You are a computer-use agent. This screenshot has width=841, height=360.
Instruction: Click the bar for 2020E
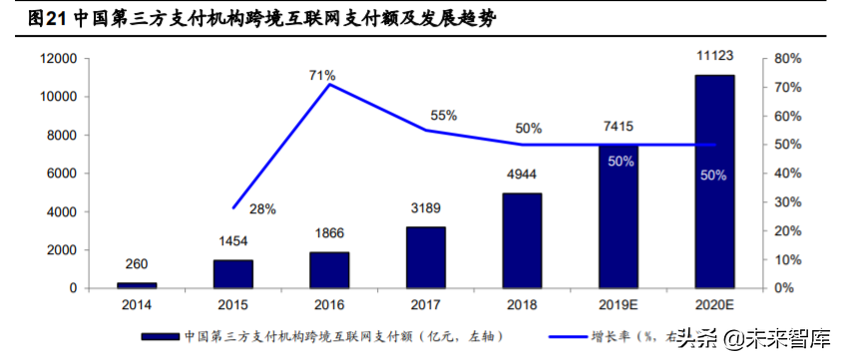coord(714,181)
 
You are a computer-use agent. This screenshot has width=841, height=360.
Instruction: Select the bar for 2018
coord(522,240)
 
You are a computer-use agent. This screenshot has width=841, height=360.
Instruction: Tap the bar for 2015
coord(233,273)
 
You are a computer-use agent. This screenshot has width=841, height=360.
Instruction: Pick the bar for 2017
coord(426,257)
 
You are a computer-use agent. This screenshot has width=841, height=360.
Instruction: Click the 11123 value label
coord(714,59)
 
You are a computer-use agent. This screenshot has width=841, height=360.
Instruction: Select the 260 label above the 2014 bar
coord(138,264)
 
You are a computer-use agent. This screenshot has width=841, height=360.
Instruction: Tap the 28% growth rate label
coord(263,209)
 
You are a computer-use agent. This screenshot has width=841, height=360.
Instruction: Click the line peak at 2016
coord(330,85)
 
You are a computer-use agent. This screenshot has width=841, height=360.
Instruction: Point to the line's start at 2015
coord(233,208)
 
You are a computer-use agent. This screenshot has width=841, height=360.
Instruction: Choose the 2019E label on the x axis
coord(619,304)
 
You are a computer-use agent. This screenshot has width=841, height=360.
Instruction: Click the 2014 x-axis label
coord(138,304)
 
